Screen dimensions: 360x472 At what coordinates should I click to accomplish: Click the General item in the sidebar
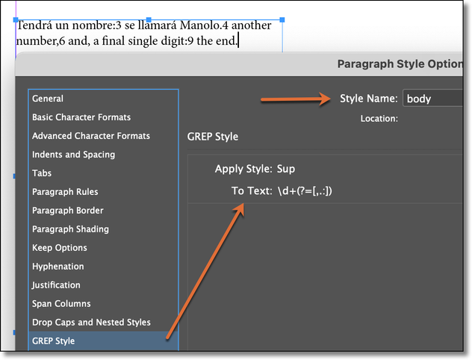48,99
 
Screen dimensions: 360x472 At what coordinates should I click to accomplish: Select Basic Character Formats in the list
81,117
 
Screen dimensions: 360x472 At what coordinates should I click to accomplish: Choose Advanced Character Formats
91,136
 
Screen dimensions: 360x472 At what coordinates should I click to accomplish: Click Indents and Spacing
73,155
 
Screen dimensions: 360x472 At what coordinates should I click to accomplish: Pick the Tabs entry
42,173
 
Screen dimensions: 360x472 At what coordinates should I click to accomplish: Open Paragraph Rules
65,192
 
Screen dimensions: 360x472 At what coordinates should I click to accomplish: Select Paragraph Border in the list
68,211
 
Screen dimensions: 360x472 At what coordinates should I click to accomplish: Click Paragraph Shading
70,229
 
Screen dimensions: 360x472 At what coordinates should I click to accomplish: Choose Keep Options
60,248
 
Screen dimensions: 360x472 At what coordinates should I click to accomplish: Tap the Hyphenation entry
58,267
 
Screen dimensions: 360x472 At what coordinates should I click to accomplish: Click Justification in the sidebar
56,285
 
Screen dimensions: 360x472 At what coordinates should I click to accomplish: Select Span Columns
61,304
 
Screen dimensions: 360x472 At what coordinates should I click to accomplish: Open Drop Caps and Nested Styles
91,323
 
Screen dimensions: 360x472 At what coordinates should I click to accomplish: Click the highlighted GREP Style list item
53,341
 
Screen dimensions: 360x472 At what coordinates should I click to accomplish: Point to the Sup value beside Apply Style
287,169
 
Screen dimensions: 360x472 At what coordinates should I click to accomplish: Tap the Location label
379,118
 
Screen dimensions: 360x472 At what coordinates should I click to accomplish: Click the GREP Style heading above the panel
212,137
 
